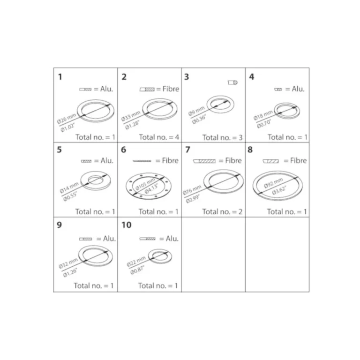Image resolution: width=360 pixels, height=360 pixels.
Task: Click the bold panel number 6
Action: tap(124, 150)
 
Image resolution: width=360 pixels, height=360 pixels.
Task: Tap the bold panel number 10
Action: tap(127, 225)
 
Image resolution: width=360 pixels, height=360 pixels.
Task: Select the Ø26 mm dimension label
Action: tap(67, 119)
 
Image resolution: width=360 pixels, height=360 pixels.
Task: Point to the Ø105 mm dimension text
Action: tap(145, 184)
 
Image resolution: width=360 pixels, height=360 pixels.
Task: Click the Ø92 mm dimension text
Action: tap(273, 183)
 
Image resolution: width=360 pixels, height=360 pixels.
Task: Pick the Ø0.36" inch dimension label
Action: tap(199, 119)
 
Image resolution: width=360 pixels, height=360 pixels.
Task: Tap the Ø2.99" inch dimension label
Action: tap(193, 199)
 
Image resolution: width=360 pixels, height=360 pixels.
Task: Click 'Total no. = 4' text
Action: tap(159, 137)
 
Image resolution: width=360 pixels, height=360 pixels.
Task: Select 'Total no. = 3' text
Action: tap(222, 137)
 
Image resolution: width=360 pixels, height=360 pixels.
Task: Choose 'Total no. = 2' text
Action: tap(222, 211)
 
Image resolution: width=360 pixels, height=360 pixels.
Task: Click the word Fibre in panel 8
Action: tap(298, 160)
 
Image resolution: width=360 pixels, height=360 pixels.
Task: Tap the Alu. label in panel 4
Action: tap(298, 89)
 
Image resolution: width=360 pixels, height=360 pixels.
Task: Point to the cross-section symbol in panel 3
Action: tap(232, 82)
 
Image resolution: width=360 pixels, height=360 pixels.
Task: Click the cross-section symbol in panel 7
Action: tap(204, 161)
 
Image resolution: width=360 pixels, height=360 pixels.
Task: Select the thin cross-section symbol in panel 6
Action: tap(142, 161)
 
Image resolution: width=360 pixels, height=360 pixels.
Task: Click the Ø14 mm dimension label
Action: tap(69, 187)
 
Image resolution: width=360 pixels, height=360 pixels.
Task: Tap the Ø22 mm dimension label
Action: tap(136, 261)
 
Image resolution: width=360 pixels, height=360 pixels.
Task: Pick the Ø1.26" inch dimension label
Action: tap(70, 272)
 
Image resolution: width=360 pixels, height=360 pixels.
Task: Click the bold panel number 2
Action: tap(124, 77)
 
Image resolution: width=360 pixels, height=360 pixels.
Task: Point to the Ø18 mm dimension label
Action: tap(263, 115)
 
